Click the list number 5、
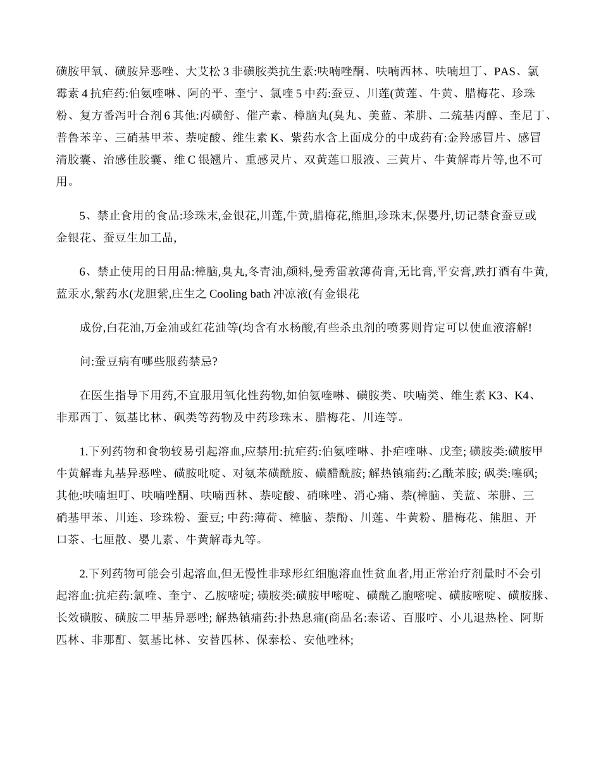click(87, 216)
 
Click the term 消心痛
click(368, 495)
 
